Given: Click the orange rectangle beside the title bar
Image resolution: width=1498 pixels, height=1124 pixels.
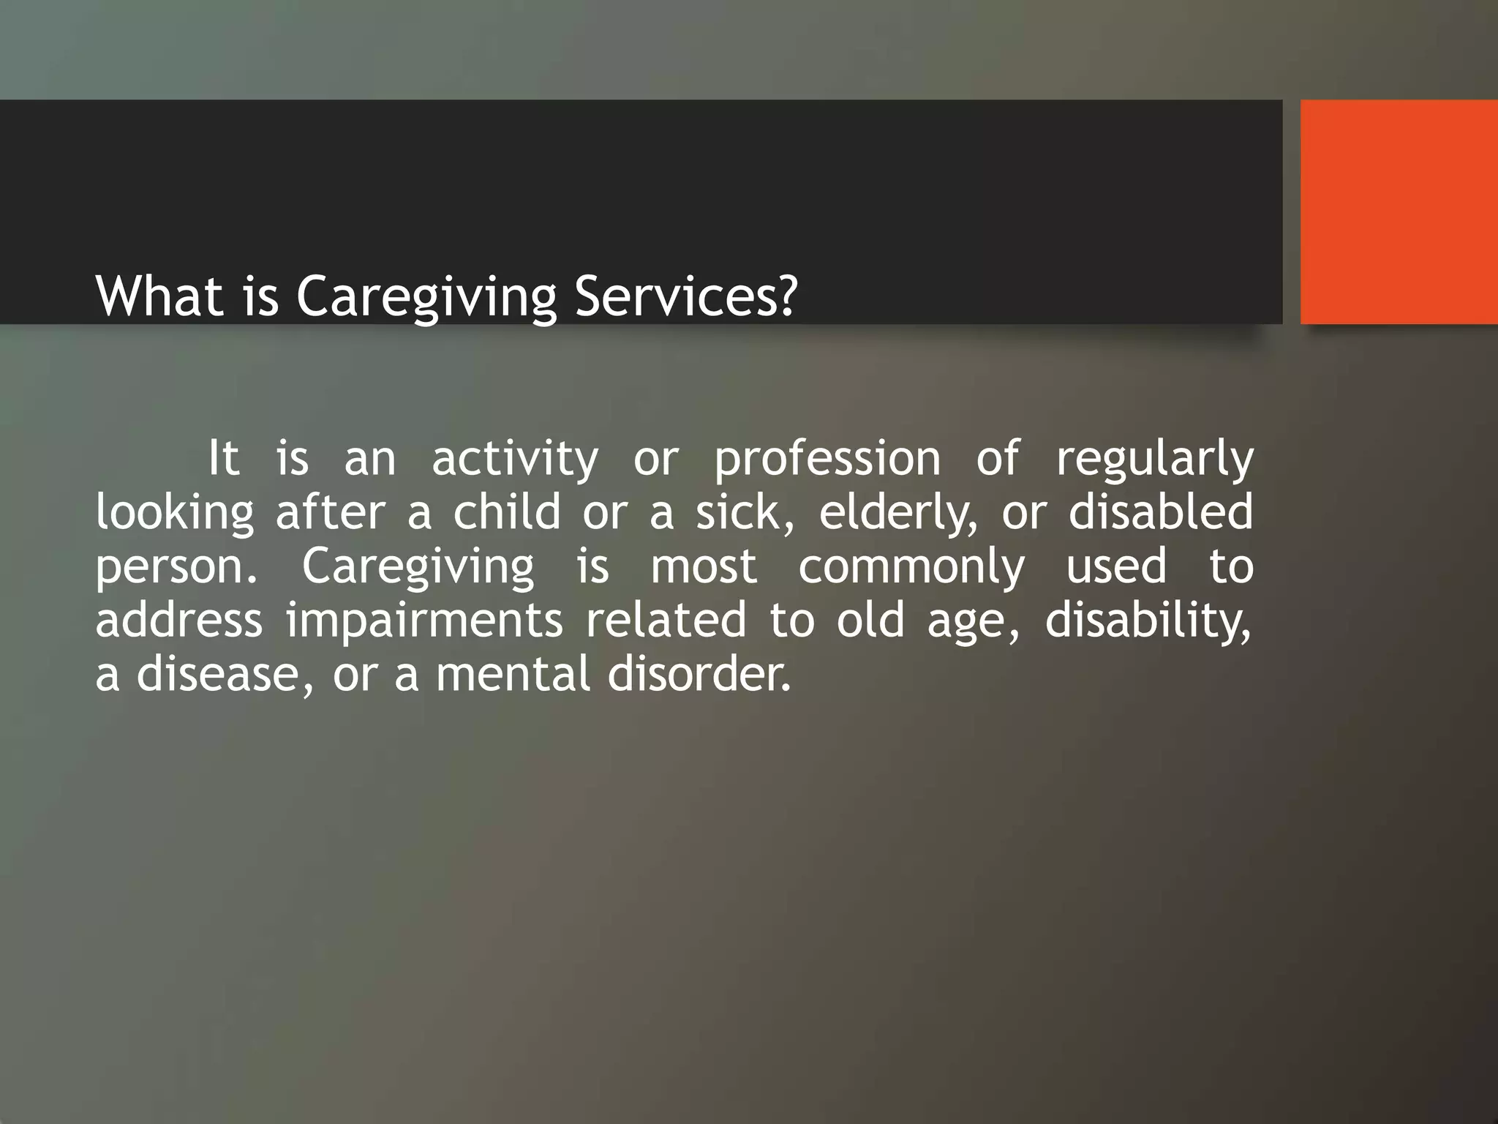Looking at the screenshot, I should (x=1399, y=212).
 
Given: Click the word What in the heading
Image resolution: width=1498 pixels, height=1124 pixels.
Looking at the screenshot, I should (x=159, y=296).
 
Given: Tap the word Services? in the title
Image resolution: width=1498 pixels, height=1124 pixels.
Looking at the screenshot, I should (x=685, y=296).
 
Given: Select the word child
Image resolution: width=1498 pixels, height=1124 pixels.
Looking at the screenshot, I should (x=506, y=512).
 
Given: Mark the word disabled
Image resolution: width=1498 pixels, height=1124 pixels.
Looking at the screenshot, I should (x=1161, y=512).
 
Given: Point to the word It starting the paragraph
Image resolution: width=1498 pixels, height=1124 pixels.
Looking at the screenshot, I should (x=223, y=459).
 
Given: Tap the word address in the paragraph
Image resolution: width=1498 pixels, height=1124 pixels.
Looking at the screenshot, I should (x=179, y=620).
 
